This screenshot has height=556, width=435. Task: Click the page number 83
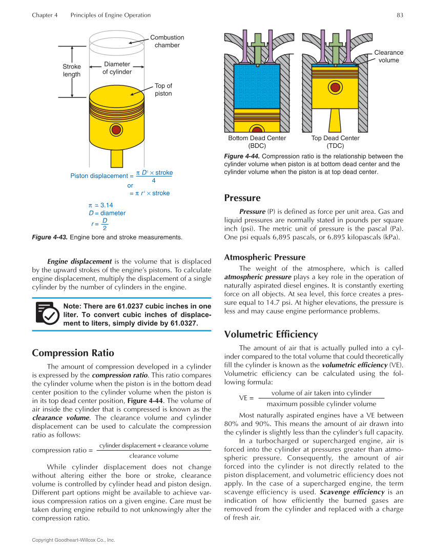coord(400,15)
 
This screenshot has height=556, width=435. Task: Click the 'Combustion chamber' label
coord(167,41)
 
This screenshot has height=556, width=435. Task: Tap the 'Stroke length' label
coord(72,71)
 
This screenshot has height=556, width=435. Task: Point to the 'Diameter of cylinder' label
coord(117,68)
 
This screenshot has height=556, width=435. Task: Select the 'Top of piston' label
coord(163,90)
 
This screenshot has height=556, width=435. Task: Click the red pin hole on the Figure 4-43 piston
coord(116,130)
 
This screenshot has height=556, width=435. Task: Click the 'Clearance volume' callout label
coord(389,56)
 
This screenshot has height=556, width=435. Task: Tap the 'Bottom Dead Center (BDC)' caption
coord(257,142)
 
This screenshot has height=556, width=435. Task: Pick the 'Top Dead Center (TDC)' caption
coord(335,142)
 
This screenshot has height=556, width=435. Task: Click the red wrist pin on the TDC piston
coord(335,87)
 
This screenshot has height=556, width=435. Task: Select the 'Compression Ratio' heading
coord(73,353)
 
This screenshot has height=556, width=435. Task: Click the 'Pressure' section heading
coord(242,198)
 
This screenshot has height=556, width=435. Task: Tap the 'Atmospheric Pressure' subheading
coord(264,257)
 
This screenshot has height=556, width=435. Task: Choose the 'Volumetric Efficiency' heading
coord(271,334)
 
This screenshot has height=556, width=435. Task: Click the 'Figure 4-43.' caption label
coord(49,237)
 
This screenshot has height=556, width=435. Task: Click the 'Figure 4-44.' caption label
coord(242,157)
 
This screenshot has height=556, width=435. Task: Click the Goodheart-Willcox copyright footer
coord(73,540)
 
